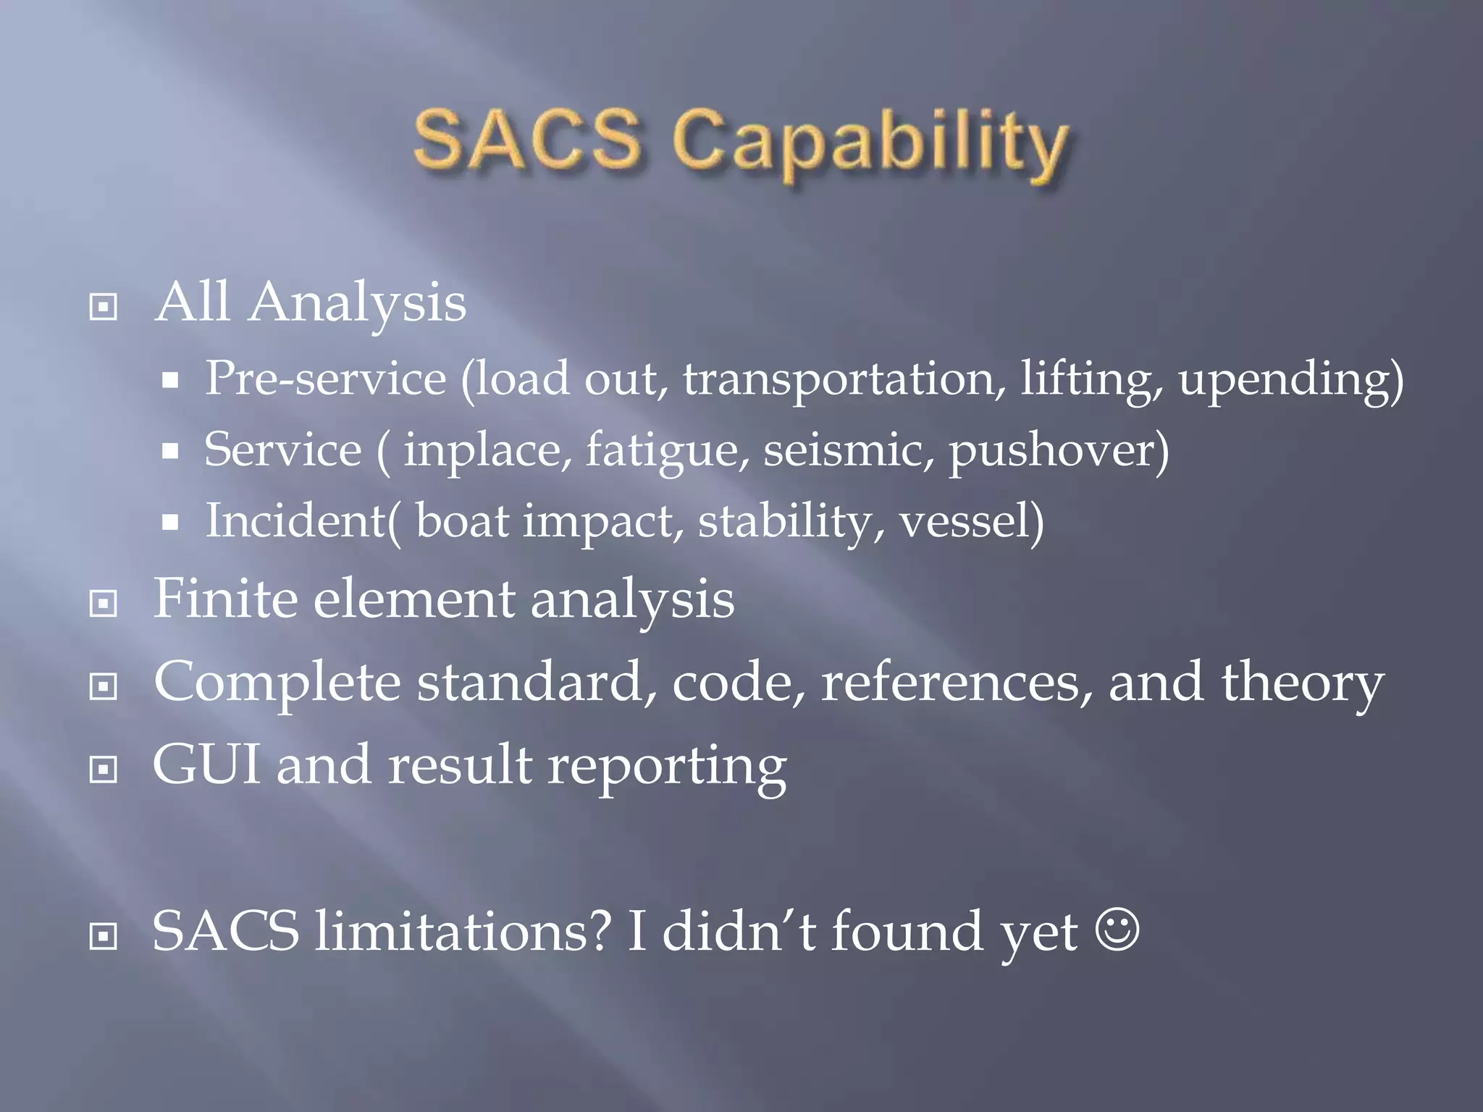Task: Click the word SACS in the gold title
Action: point(528,138)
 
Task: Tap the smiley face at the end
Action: point(1118,930)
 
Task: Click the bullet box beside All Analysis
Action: point(104,307)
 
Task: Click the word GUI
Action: point(206,765)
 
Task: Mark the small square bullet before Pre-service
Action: point(170,381)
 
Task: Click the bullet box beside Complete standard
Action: point(104,686)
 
